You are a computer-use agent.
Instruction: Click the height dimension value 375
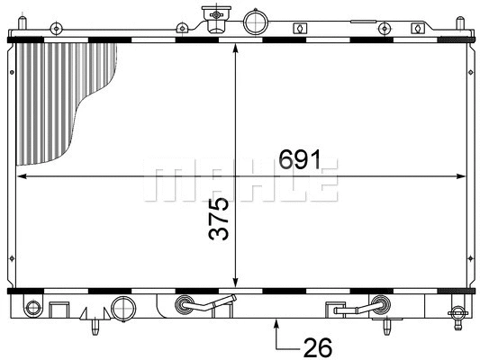pos(220,219)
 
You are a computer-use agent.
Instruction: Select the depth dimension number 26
pos(318,346)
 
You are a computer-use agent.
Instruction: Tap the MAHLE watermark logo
pos(241,180)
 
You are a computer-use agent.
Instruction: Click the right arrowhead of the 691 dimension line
pos(465,176)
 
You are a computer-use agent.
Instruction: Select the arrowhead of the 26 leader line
pos(276,326)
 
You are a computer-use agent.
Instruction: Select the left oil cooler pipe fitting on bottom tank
pos(187,304)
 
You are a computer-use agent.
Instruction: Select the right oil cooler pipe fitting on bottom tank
pos(378,306)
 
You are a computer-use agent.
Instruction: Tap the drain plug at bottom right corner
pos(461,315)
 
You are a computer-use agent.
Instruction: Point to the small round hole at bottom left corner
pos(32,310)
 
